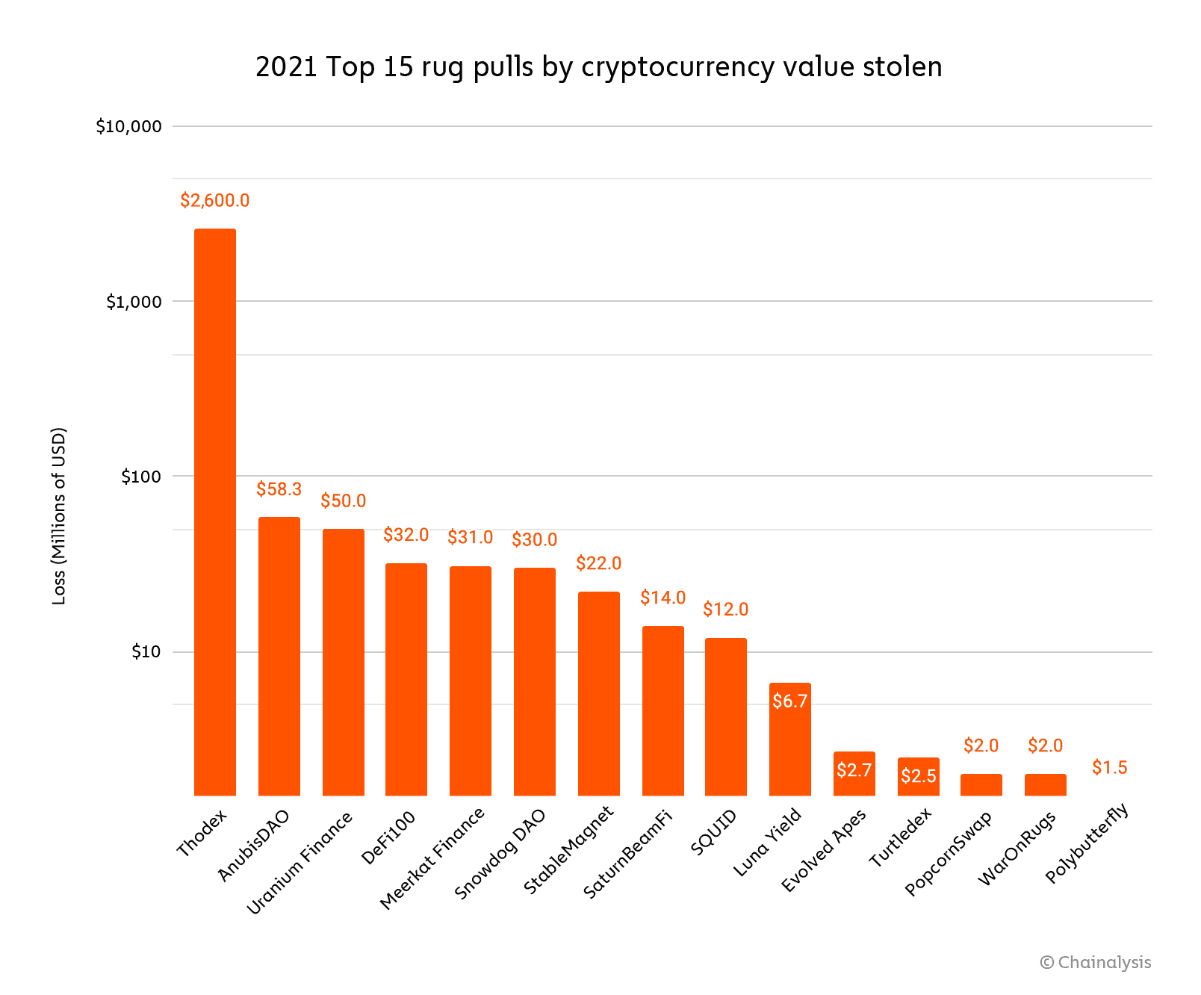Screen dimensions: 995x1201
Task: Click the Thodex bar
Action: tap(215, 512)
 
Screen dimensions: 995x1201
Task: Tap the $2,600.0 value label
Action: tap(215, 200)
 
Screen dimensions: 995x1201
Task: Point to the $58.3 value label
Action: tap(279, 489)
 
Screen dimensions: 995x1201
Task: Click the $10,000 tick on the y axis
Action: tap(129, 126)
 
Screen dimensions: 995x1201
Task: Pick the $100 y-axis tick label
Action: tap(141, 477)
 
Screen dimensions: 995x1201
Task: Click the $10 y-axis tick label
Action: tap(146, 651)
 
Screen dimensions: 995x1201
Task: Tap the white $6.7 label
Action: tap(790, 701)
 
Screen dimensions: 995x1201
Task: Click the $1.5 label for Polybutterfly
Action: tap(1110, 767)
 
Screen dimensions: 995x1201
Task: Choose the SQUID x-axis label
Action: tap(714, 831)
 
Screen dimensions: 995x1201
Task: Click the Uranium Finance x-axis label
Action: tap(300, 863)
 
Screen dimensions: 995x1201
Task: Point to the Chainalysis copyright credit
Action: tap(1096, 962)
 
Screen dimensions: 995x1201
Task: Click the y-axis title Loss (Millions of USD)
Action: tap(59, 515)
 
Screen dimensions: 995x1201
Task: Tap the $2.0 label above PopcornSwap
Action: tap(981, 745)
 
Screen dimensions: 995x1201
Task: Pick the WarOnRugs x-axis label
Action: tap(1017, 848)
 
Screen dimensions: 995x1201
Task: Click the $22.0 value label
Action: tap(599, 563)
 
